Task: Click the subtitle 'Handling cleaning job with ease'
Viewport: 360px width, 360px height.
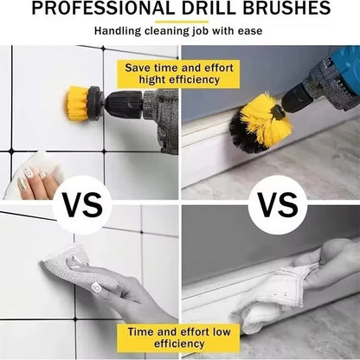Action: coord(179,31)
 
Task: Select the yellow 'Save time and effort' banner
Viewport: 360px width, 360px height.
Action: coord(179,73)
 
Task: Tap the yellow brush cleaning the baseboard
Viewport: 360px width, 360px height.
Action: coord(260,121)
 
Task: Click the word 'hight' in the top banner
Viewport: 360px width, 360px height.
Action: coord(150,79)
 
